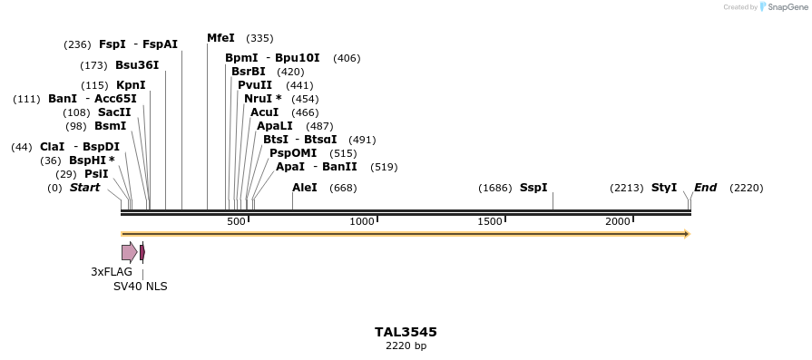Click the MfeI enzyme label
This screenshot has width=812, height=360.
tap(220, 38)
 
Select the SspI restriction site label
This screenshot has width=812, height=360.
tap(533, 188)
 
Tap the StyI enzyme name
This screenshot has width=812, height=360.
tap(664, 188)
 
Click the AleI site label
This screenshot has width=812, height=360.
tap(305, 188)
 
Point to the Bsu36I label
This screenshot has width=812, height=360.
tap(137, 65)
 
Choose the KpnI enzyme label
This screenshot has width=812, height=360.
tap(131, 85)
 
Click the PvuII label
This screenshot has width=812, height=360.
tap(255, 85)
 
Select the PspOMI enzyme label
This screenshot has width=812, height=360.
tap(293, 153)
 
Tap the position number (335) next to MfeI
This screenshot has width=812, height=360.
tap(259, 38)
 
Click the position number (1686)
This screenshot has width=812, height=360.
tap(495, 188)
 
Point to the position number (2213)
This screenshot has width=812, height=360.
tap(627, 188)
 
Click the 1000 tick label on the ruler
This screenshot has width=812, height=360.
tap(362, 222)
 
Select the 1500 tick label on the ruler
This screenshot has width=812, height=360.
tap(490, 222)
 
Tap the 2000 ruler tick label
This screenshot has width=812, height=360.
tap(618, 222)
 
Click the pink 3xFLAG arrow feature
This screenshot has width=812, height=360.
tap(130, 252)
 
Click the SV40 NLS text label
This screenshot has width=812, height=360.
tap(140, 287)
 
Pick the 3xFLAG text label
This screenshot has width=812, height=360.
tap(112, 272)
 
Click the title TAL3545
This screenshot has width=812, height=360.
tap(406, 332)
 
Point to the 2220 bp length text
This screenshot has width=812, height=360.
tap(406, 346)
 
